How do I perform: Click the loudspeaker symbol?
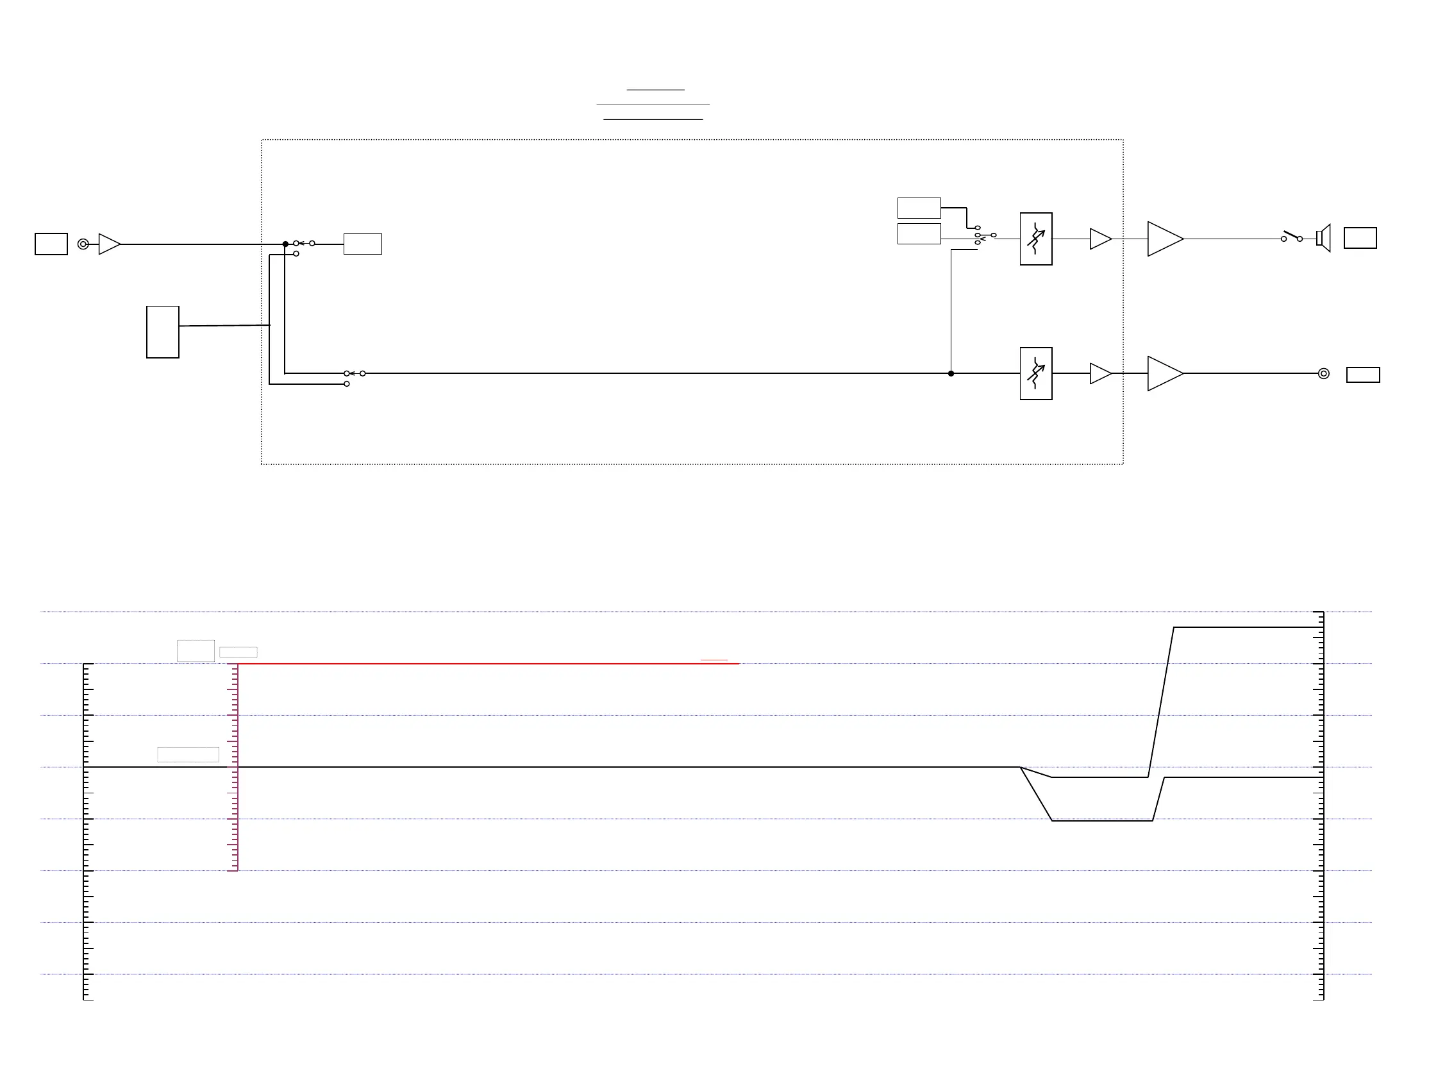pyautogui.click(x=1323, y=238)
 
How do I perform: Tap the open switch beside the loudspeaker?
pyautogui.click(x=1292, y=237)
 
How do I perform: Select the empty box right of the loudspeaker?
pyautogui.click(x=1360, y=238)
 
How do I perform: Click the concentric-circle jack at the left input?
pyautogui.click(x=83, y=244)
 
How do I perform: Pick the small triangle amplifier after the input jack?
pyautogui.click(x=108, y=244)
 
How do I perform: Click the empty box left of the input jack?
pyautogui.click(x=51, y=244)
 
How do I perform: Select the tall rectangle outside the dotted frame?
pyautogui.click(x=163, y=332)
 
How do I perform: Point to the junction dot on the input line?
pyautogui.click(x=285, y=244)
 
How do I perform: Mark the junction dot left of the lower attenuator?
pyautogui.click(x=951, y=373)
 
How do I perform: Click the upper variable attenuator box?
pyautogui.click(x=1036, y=239)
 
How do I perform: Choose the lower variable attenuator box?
pyautogui.click(x=1036, y=373)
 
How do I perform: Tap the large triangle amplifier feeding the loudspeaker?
pyautogui.click(x=1164, y=239)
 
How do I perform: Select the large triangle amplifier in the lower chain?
pyautogui.click(x=1164, y=373)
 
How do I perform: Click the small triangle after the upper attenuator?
pyautogui.click(x=1100, y=239)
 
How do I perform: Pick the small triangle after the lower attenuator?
pyautogui.click(x=1100, y=373)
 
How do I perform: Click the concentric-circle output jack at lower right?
pyautogui.click(x=1323, y=373)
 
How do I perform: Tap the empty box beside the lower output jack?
pyautogui.click(x=1363, y=375)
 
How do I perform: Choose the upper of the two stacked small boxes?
pyautogui.click(x=919, y=208)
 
